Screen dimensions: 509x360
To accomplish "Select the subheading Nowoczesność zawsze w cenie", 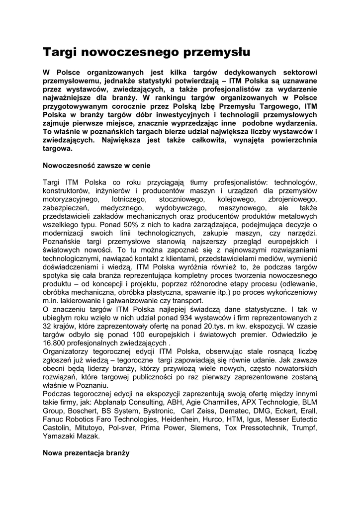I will point(96,164).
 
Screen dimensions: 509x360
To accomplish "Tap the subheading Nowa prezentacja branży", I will point(86,453).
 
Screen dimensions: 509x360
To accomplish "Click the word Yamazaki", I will point(58,436).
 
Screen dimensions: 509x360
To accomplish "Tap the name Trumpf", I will point(303,427).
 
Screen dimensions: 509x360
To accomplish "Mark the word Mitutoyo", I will point(86,427).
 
